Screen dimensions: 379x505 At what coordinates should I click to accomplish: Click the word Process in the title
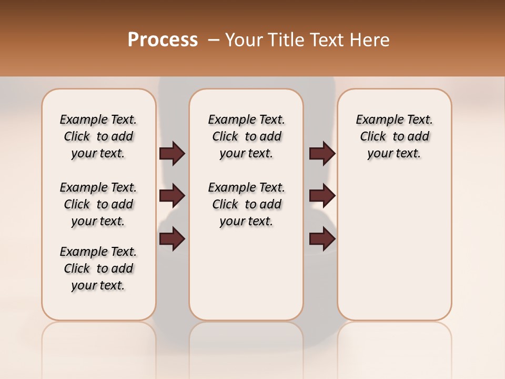click(163, 40)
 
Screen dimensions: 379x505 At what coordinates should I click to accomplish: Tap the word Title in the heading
click(285, 40)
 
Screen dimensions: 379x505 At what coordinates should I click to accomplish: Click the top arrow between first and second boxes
click(172, 154)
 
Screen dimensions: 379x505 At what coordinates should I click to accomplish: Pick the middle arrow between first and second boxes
click(172, 196)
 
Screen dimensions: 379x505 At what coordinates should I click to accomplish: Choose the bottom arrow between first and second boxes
click(172, 239)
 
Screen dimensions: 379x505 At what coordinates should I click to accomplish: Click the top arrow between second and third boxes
click(322, 154)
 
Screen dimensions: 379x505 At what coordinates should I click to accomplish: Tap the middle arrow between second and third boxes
click(322, 196)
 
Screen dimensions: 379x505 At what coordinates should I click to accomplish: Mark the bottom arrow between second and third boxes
click(322, 239)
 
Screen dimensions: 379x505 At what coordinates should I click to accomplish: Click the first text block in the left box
click(98, 136)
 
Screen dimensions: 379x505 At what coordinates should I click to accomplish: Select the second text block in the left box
click(98, 204)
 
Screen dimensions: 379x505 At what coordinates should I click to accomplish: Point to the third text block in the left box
click(98, 268)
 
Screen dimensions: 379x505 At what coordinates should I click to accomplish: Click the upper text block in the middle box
click(246, 136)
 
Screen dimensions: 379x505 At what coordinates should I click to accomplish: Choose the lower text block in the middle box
click(246, 204)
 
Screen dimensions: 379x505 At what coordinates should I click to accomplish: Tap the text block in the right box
click(394, 136)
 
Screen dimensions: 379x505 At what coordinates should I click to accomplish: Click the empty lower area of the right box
click(394, 253)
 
